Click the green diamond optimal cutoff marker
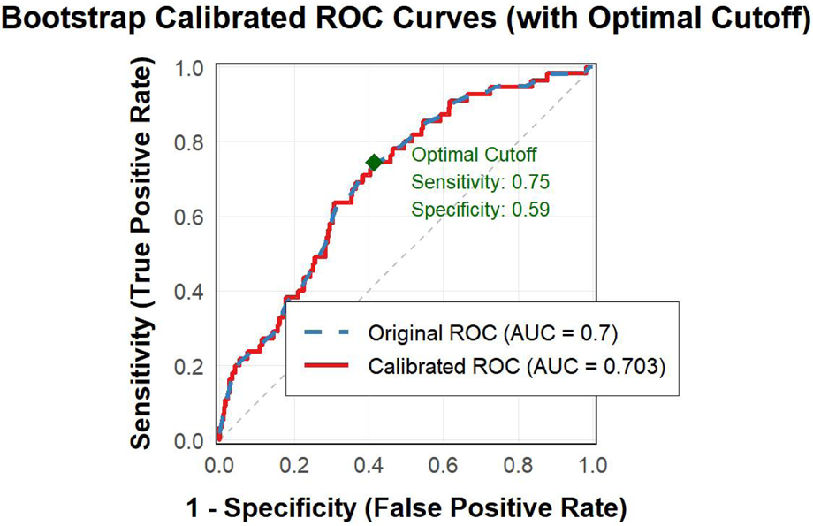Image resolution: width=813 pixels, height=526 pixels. [x=374, y=162]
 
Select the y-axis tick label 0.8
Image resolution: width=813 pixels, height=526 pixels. [x=189, y=142]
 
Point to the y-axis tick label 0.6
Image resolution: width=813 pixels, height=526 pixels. [x=189, y=217]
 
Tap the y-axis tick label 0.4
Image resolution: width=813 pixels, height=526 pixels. [x=189, y=292]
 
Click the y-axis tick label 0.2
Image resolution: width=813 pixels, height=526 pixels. [x=189, y=366]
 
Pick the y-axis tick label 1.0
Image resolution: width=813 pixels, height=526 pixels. [x=189, y=68]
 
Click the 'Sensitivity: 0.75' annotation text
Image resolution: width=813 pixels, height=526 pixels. [x=481, y=183]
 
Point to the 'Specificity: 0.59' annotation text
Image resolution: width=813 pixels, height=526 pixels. [x=481, y=210]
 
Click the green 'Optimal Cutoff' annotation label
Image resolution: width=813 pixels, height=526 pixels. [x=474, y=156]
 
